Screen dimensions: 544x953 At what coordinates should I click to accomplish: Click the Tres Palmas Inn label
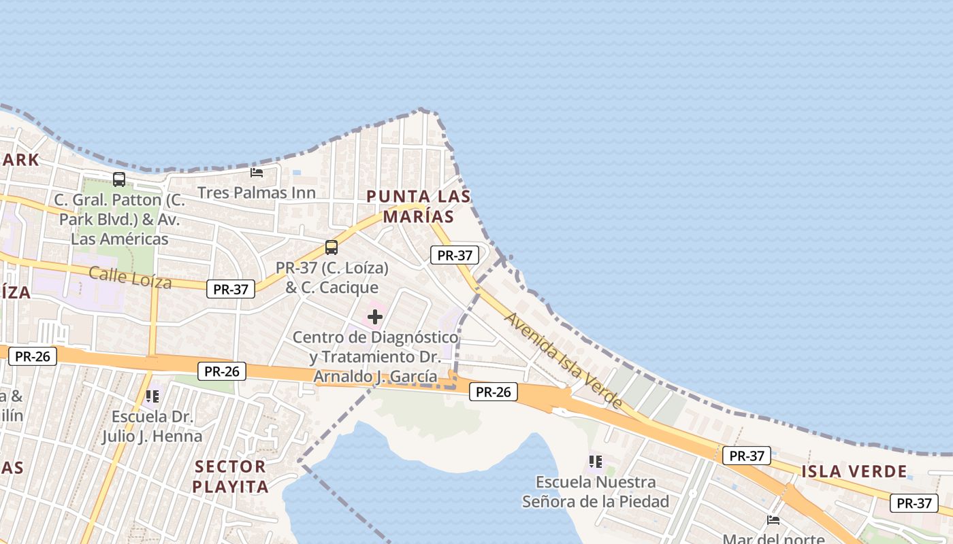click(x=257, y=192)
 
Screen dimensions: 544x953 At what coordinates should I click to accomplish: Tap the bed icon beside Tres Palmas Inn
click(x=257, y=173)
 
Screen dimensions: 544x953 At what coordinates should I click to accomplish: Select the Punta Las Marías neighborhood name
click(x=418, y=207)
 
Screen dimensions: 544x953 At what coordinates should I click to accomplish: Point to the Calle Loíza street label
click(x=130, y=277)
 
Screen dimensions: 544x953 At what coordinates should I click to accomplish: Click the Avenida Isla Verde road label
click(x=564, y=360)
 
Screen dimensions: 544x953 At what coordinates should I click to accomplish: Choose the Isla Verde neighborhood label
click(x=854, y=471)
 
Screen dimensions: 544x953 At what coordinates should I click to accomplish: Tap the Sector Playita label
click(x=230, y=476)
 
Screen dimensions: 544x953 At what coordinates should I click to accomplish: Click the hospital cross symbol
click(x=375, y=316)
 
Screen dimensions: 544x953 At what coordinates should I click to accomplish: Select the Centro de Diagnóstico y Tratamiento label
click(x=375, y=356)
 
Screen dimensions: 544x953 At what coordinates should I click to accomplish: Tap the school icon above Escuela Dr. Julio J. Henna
click(x=151, y=396)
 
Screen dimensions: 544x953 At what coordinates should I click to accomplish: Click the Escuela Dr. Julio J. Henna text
click(x=152, y=426)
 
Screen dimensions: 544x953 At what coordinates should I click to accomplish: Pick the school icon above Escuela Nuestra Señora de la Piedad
click(x=596, y=462)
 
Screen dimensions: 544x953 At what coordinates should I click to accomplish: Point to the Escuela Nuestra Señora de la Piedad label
click(x=596, y=492)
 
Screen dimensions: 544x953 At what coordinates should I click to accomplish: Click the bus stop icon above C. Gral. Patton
click(x=119, y=180)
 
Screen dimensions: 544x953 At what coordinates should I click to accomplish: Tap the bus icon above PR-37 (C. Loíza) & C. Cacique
click(x=332, y=248)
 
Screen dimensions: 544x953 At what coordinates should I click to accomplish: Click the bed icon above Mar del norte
click(x=773, y=520)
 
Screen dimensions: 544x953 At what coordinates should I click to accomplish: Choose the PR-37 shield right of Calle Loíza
click(x=231, y=289)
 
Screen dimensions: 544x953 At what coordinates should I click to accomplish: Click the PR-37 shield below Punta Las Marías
click(x=455, y=256)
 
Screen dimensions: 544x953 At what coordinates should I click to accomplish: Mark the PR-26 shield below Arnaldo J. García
click(x=494, y=392)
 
